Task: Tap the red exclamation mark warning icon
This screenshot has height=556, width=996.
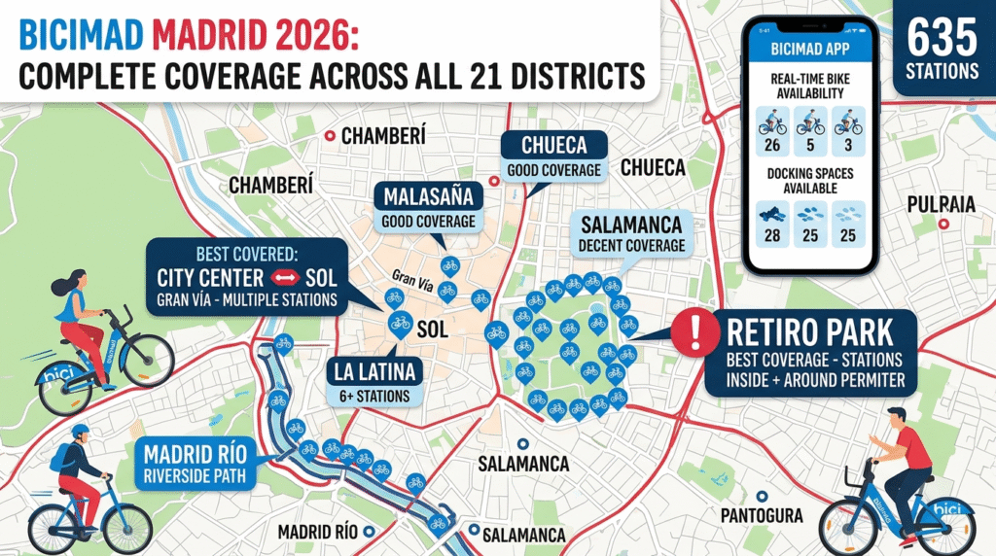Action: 694,334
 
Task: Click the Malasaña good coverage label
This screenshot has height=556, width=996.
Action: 429,208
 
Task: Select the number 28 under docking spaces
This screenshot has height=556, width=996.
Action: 776,236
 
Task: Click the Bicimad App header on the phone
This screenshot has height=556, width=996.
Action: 810,48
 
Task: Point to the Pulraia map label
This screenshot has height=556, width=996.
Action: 941,204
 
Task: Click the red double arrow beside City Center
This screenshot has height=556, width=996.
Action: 277,277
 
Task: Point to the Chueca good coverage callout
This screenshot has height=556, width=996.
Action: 552,156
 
